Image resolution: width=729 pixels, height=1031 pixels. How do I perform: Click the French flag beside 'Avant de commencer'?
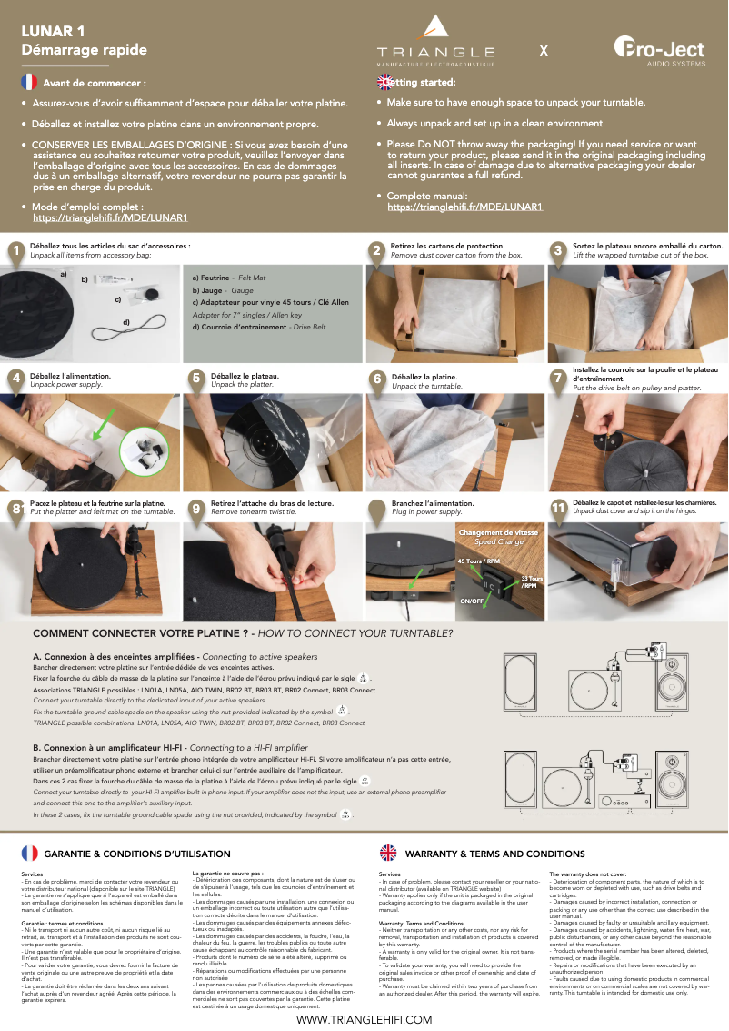pyautogui.click(x=29, y=83)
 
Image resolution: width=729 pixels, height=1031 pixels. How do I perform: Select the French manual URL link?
pyautogui.click(x=110, y=218)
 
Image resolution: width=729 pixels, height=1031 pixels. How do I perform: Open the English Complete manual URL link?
pyautogui.click(x=464, y=207)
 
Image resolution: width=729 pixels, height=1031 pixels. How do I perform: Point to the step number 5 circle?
pyautogui.click(x=195, y=378)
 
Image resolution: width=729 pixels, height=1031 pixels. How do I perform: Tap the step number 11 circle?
pyautogui.click(x=560, y=509)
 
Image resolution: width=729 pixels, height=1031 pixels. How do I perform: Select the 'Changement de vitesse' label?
pyautogui.click(x=498, y=533)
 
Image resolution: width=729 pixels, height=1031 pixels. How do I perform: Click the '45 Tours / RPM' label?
pyautogui.click(x=478, y=561)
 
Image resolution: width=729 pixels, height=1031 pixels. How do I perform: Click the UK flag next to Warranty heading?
pyautogui.click(x=388, y=853)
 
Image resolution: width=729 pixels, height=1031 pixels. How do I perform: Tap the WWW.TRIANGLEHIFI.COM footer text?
pyautogui.click(x=364, y=1021)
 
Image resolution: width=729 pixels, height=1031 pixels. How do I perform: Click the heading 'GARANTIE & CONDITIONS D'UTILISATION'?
pyautogui.click(x=136, y=854)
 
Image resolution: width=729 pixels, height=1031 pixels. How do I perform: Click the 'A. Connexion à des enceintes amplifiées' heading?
pyautogui.click(x=115, y=656)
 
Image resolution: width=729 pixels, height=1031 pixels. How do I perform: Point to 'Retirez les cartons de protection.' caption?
pyautogui.click(x=447, y=247)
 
